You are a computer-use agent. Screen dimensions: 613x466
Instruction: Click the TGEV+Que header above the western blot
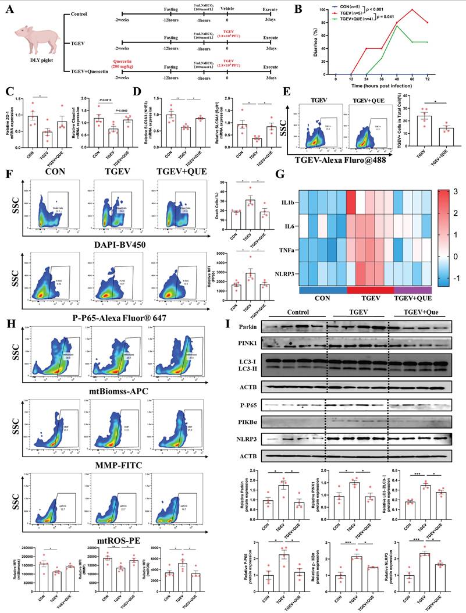point(421,312)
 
